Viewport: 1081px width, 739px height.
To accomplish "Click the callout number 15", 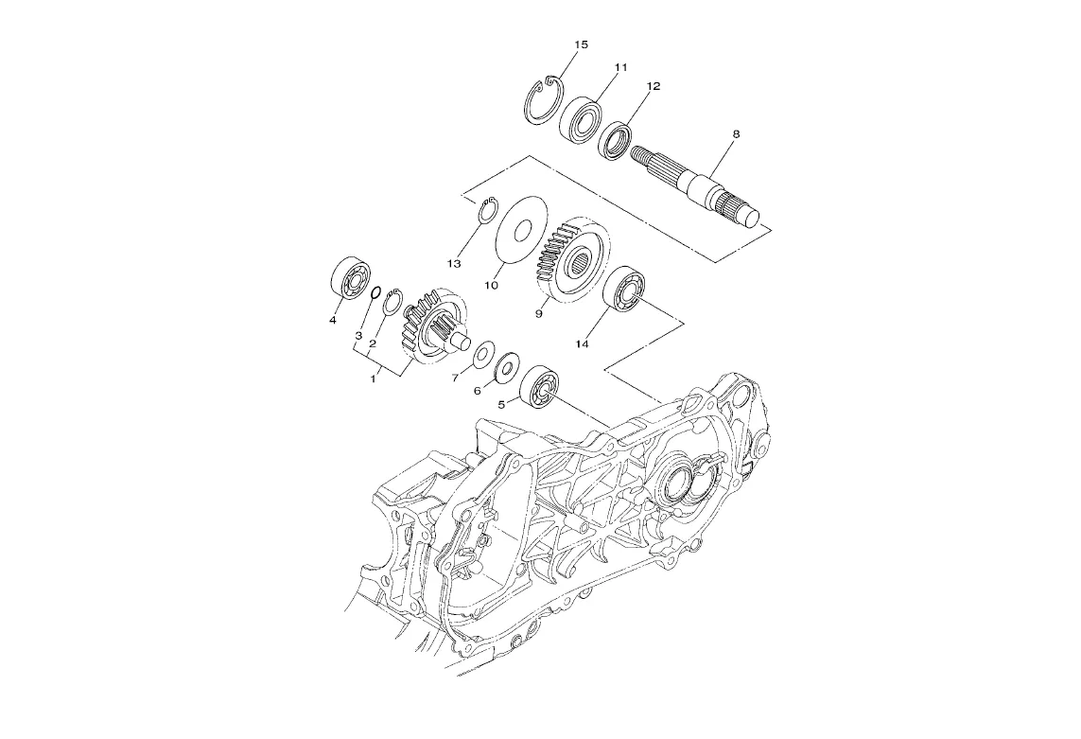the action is coord(582,44).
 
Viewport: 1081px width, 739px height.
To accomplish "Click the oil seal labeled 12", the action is coord(615,141).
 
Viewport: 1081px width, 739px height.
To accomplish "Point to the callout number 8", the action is coord(736,133).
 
